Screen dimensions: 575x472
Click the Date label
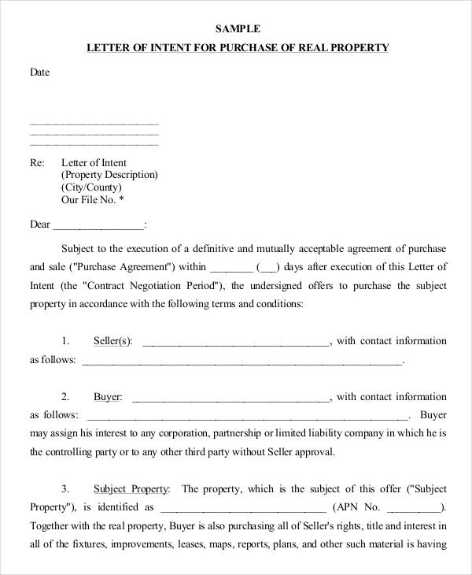click(x=40, y=72)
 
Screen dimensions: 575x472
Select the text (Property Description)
click(x=109, y=175)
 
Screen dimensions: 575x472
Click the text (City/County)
click(x=91, y=187)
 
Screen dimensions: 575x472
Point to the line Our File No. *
click(x=93, y=200)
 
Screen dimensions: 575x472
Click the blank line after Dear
click(x=99, y=225)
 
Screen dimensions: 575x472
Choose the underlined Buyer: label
click(x=108, y=397)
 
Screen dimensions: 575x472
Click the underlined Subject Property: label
click(x=131, y=488)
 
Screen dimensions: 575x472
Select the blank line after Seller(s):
click(x=236, y=342)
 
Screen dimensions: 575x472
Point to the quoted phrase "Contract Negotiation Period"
click(x=153, y=285)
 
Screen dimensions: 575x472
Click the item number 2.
click(x=65, y=397)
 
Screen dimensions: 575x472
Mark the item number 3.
click(x=65, y=488)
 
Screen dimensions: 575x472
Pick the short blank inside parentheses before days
click(x=268, y=267)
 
